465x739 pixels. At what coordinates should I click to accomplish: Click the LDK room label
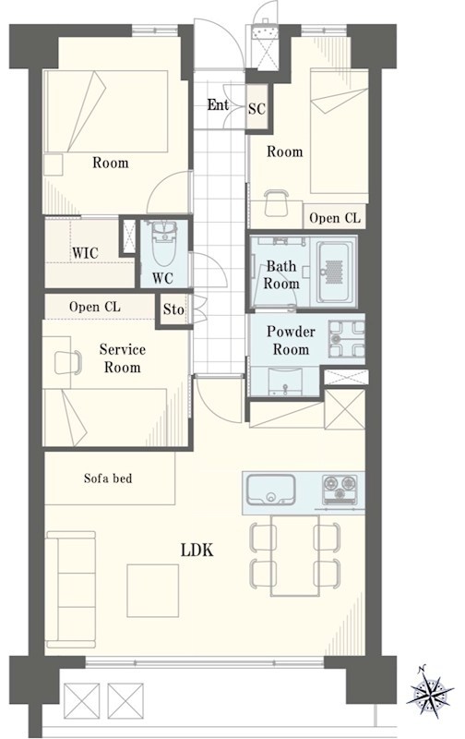point(197,550)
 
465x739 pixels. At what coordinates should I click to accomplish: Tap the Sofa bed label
point(108,479)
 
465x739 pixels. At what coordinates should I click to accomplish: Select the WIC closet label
point(85,253)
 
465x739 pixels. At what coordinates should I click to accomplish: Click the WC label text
point(162,278)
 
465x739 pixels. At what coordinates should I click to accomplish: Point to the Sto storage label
point(173,309)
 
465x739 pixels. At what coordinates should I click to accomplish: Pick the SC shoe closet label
point(257,109)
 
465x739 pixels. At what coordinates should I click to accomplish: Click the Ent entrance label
point(218,104)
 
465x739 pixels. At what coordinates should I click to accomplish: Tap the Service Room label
point(123,358)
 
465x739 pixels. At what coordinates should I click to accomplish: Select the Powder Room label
point(291,340)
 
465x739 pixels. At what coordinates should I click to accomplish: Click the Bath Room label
point(281,274)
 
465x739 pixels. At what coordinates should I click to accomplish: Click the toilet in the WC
point(163,245)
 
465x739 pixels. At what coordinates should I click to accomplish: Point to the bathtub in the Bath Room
point(333,272)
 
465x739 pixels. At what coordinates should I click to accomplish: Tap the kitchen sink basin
point(271,490)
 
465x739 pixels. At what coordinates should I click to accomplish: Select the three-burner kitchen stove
point(340,489)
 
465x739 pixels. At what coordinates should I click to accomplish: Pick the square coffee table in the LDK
point(153,590)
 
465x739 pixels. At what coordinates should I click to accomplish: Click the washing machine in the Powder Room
point(346,339)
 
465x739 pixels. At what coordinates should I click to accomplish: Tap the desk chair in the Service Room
point(67,362)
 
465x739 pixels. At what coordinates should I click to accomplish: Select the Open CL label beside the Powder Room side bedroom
point(335,218)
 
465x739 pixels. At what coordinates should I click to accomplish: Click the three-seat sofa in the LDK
point(71,589)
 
